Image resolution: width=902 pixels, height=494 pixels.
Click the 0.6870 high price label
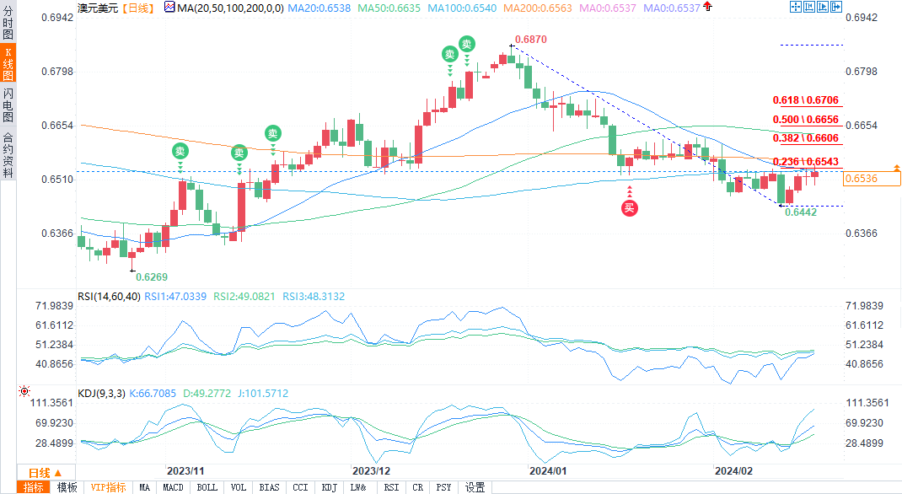[x=530, y=40]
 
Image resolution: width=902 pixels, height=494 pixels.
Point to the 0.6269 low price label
[x=152, y=277]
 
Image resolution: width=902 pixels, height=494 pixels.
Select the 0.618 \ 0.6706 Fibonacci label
[x=808, y=99]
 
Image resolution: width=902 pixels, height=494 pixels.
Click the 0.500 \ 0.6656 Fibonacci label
[x=808, y=120]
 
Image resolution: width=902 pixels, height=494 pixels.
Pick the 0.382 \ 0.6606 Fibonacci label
[x=808, y=138]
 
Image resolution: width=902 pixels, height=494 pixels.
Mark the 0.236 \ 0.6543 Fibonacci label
[x=808, y=161]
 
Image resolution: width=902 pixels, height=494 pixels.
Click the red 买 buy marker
[x=630, y=208]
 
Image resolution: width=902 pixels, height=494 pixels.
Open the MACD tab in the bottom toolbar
[x=173, y=487]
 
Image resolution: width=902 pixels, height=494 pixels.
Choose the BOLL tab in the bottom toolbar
[x=207, y=487]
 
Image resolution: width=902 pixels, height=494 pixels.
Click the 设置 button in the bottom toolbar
[x=475, y=487]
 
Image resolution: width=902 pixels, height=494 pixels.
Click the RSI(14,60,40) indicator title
[x=108, y=296]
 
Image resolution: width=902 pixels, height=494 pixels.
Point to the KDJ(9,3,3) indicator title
[x=100, y=393]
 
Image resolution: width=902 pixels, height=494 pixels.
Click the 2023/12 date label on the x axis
[x=371, y=470]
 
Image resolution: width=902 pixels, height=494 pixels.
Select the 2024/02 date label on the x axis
[x=733, y=470]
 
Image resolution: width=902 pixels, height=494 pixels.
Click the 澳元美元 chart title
[x=98, y=7]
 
